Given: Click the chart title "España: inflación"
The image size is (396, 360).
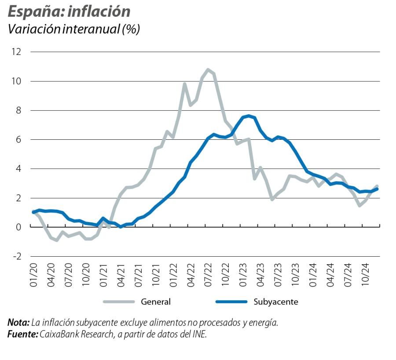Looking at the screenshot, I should [69, 11].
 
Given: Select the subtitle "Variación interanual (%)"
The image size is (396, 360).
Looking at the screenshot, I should [74, 29].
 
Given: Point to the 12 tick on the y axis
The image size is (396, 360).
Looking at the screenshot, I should [16, 52].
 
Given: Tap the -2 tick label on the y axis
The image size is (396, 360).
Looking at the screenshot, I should [15, 256].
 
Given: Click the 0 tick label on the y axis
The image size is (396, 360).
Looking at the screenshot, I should [18, 227].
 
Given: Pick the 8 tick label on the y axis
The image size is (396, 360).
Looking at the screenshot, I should [18, 110].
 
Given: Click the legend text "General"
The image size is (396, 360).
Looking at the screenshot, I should [156, 302].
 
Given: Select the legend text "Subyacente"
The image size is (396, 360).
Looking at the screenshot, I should [276, 302].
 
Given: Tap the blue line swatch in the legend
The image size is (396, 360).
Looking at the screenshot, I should [231, 302].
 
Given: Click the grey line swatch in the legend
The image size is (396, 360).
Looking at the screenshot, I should [119, 302].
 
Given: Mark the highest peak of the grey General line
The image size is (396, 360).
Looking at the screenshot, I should [208, 69].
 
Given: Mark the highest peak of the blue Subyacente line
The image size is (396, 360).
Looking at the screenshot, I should [249, 116].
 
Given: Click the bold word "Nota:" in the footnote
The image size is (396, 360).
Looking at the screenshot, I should [18, 323].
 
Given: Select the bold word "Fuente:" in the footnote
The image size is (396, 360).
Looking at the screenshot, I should [22, 334].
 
